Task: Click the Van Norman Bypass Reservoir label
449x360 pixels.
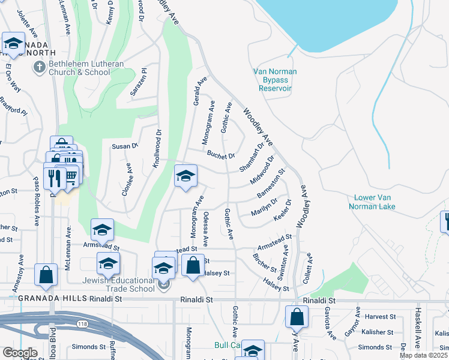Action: tap(275, 79)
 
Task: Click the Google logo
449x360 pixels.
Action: tap(19, 353)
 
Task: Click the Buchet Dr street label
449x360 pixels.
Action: tap(220, 155)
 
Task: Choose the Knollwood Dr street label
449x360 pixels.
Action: tap(157, 149)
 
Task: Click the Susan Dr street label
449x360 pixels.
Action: tap(125, 145)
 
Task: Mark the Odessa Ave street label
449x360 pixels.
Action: tap(205, 229)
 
